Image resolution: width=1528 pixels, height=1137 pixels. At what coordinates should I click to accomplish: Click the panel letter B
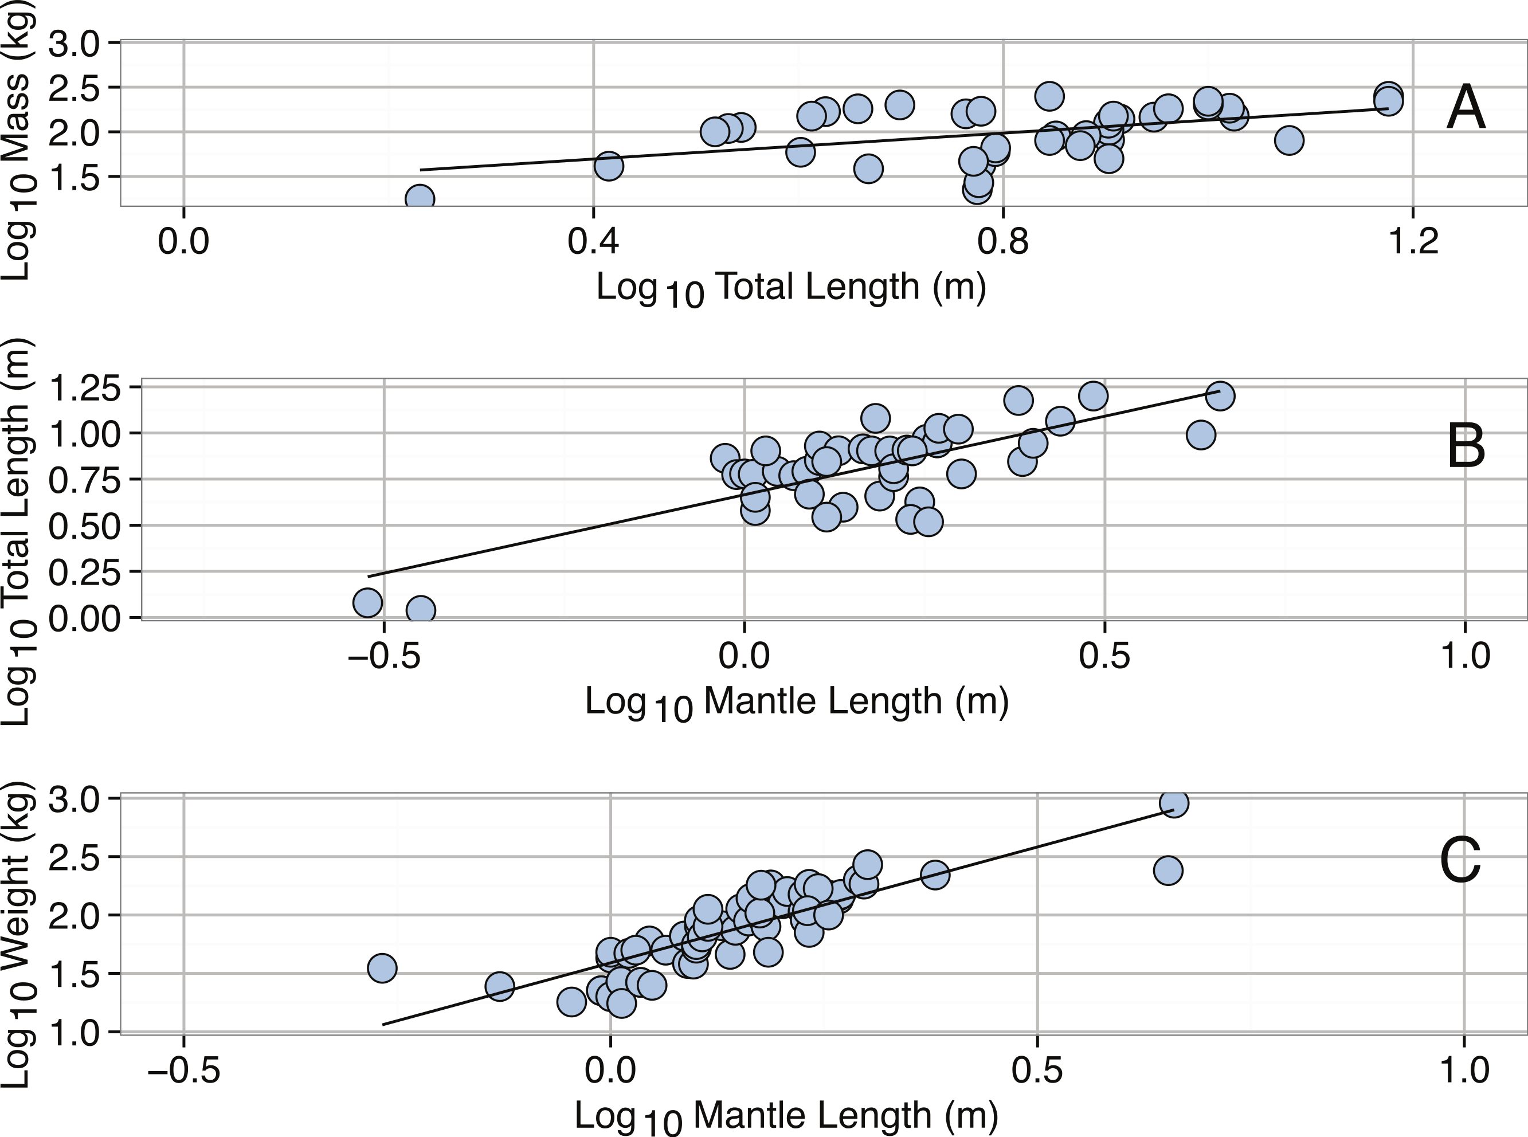(x=1466, y=448)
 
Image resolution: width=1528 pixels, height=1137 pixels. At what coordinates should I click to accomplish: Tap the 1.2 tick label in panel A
(x=1413, y=242)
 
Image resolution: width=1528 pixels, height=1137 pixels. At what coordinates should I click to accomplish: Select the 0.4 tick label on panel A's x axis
(x=593, y=242)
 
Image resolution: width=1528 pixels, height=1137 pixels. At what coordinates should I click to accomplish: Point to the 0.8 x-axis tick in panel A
(x=1003, y=242)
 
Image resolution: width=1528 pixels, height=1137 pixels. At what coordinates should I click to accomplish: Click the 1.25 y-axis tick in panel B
(x=86, y=387)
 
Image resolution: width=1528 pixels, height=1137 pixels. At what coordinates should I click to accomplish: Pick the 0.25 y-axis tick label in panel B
(x=86, y=572)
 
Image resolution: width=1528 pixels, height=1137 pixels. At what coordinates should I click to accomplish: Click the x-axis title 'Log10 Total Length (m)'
(x=791, y=288)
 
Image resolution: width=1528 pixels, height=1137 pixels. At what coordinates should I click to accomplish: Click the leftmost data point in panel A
(x=419, y=199)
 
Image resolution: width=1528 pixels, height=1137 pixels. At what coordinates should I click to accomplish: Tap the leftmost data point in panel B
(x=367, y=602)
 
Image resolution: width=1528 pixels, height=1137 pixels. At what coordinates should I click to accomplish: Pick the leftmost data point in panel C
(x=382, y=969)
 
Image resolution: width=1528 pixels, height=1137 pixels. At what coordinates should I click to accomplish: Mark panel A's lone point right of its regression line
(x=1288, y=140)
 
